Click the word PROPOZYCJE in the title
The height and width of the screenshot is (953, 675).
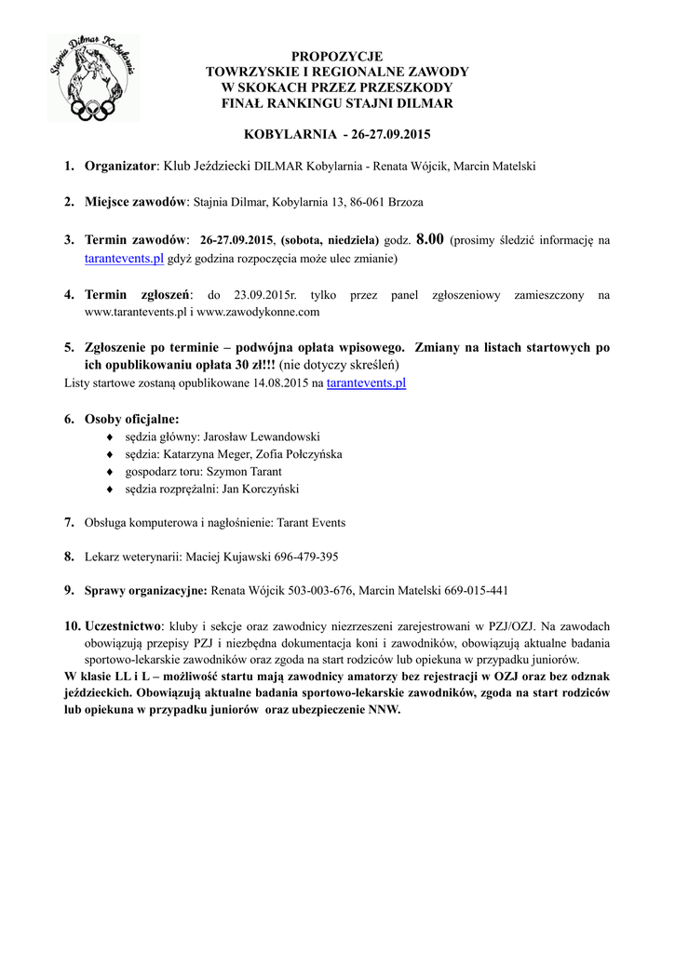(x=337, y=57)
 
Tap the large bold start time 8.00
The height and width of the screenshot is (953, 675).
(x=429, y=239)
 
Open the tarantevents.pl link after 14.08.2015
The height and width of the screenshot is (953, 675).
(x=366, y=383)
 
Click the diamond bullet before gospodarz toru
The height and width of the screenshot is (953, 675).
(x=111, y=472)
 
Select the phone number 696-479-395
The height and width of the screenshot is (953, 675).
(x=306, y=557)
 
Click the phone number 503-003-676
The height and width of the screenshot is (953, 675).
(x=315, y=590)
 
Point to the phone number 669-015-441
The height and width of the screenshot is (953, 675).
(x=476, y=590)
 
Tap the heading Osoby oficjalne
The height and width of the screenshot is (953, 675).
(x=131, y=419)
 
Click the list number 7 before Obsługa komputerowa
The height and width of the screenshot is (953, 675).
(x=69, y=522)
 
